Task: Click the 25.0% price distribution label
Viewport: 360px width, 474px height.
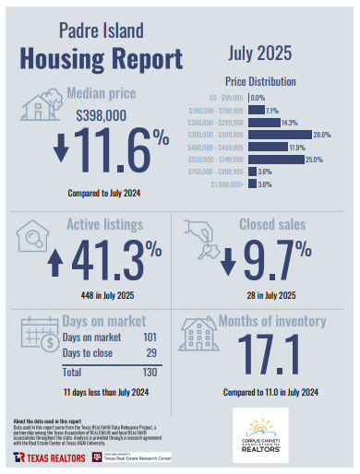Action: (x=314, y=160)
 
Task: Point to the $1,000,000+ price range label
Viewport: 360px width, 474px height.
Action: (x=227, y=184)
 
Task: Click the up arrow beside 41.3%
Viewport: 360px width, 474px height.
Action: (x=54, y=259)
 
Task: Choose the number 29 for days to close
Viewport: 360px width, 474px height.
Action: (x=151, y=354)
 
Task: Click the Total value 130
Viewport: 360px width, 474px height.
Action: (x=149, y=373)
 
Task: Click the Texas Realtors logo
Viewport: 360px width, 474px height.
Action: (x=45, y=457)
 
